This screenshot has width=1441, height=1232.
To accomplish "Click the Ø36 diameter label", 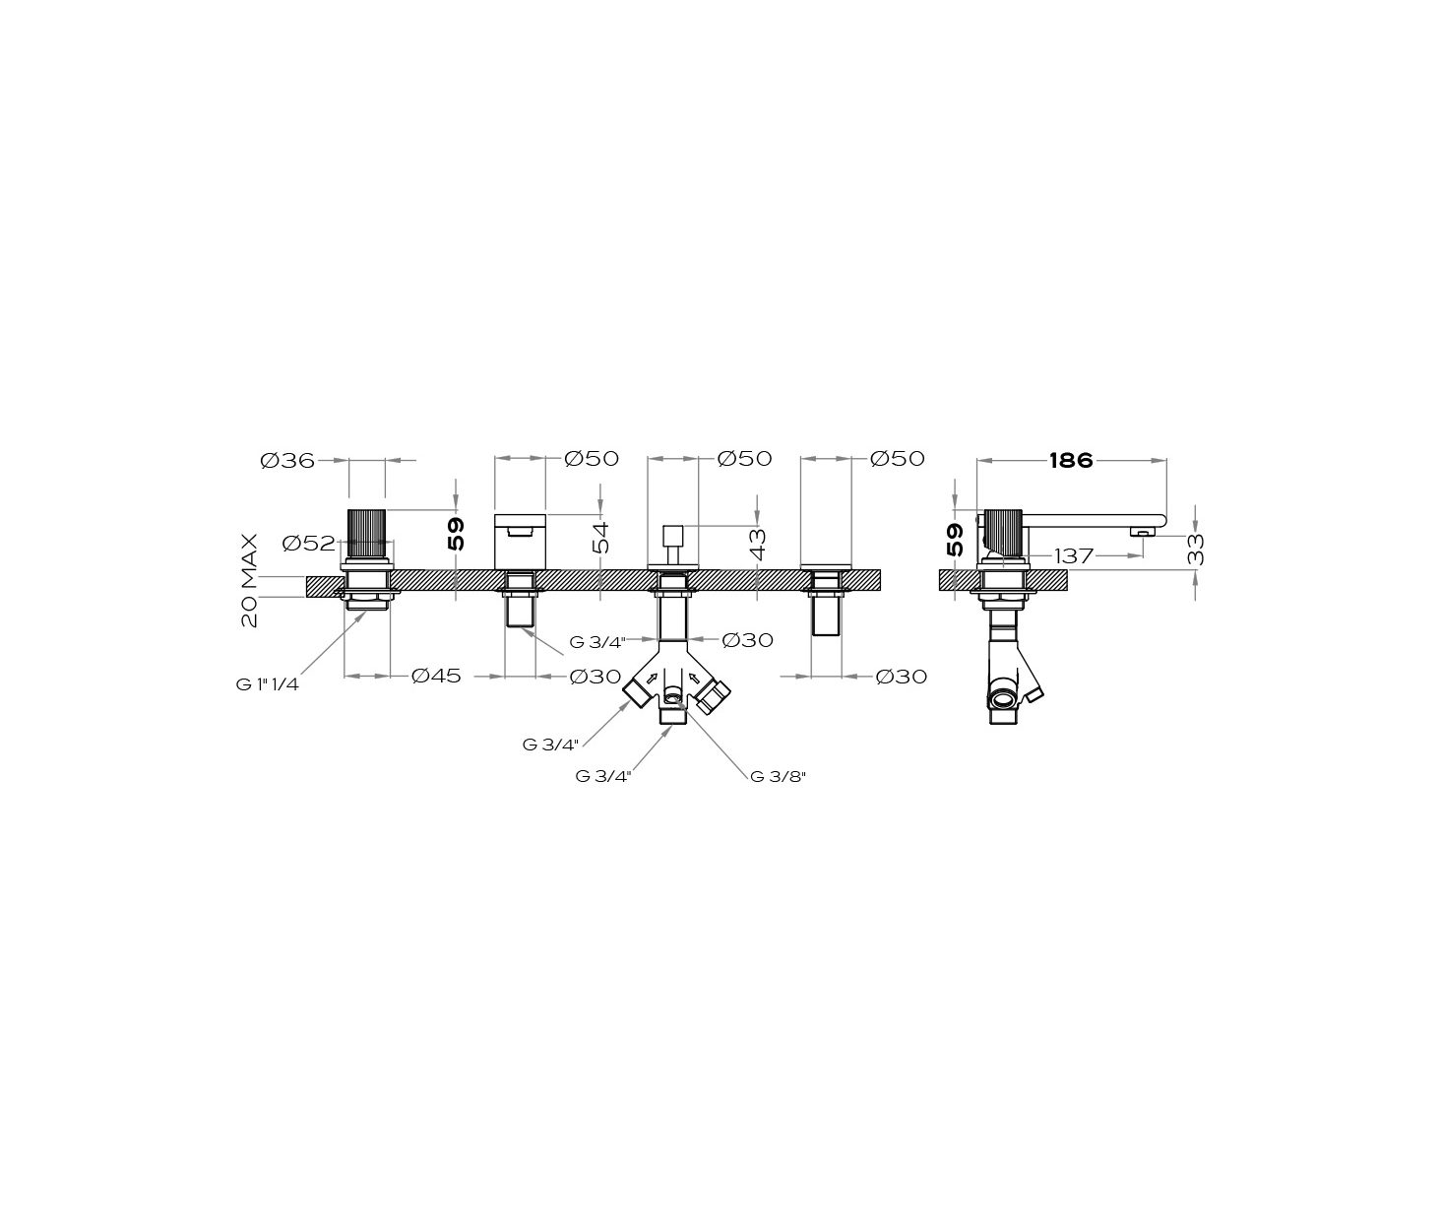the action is pyautogui.click(x=287, y=461).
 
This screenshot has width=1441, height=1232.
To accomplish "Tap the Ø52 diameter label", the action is pyautogui.click(x=309, y=543).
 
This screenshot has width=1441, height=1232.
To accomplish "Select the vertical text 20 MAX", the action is pyautogui.click(x=250, y=580).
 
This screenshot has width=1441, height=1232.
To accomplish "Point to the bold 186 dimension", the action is pyautogui.click(x=1071, y=461).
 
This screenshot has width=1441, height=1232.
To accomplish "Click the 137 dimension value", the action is pyautogui.click(x=1074, y=556).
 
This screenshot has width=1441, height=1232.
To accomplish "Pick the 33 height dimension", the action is pyautogui.click(x=1195, y=549).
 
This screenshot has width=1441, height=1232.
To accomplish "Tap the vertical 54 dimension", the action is pyautogui.click(x=600, y=538).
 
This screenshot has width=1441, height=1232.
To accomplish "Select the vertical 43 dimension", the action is pyautogui.click(x=758, y=545).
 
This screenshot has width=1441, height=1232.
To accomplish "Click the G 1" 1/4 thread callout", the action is pyautogui.click(x=268, y=685).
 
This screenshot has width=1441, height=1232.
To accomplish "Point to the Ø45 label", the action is pyautogui.click(x=436, y=676).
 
